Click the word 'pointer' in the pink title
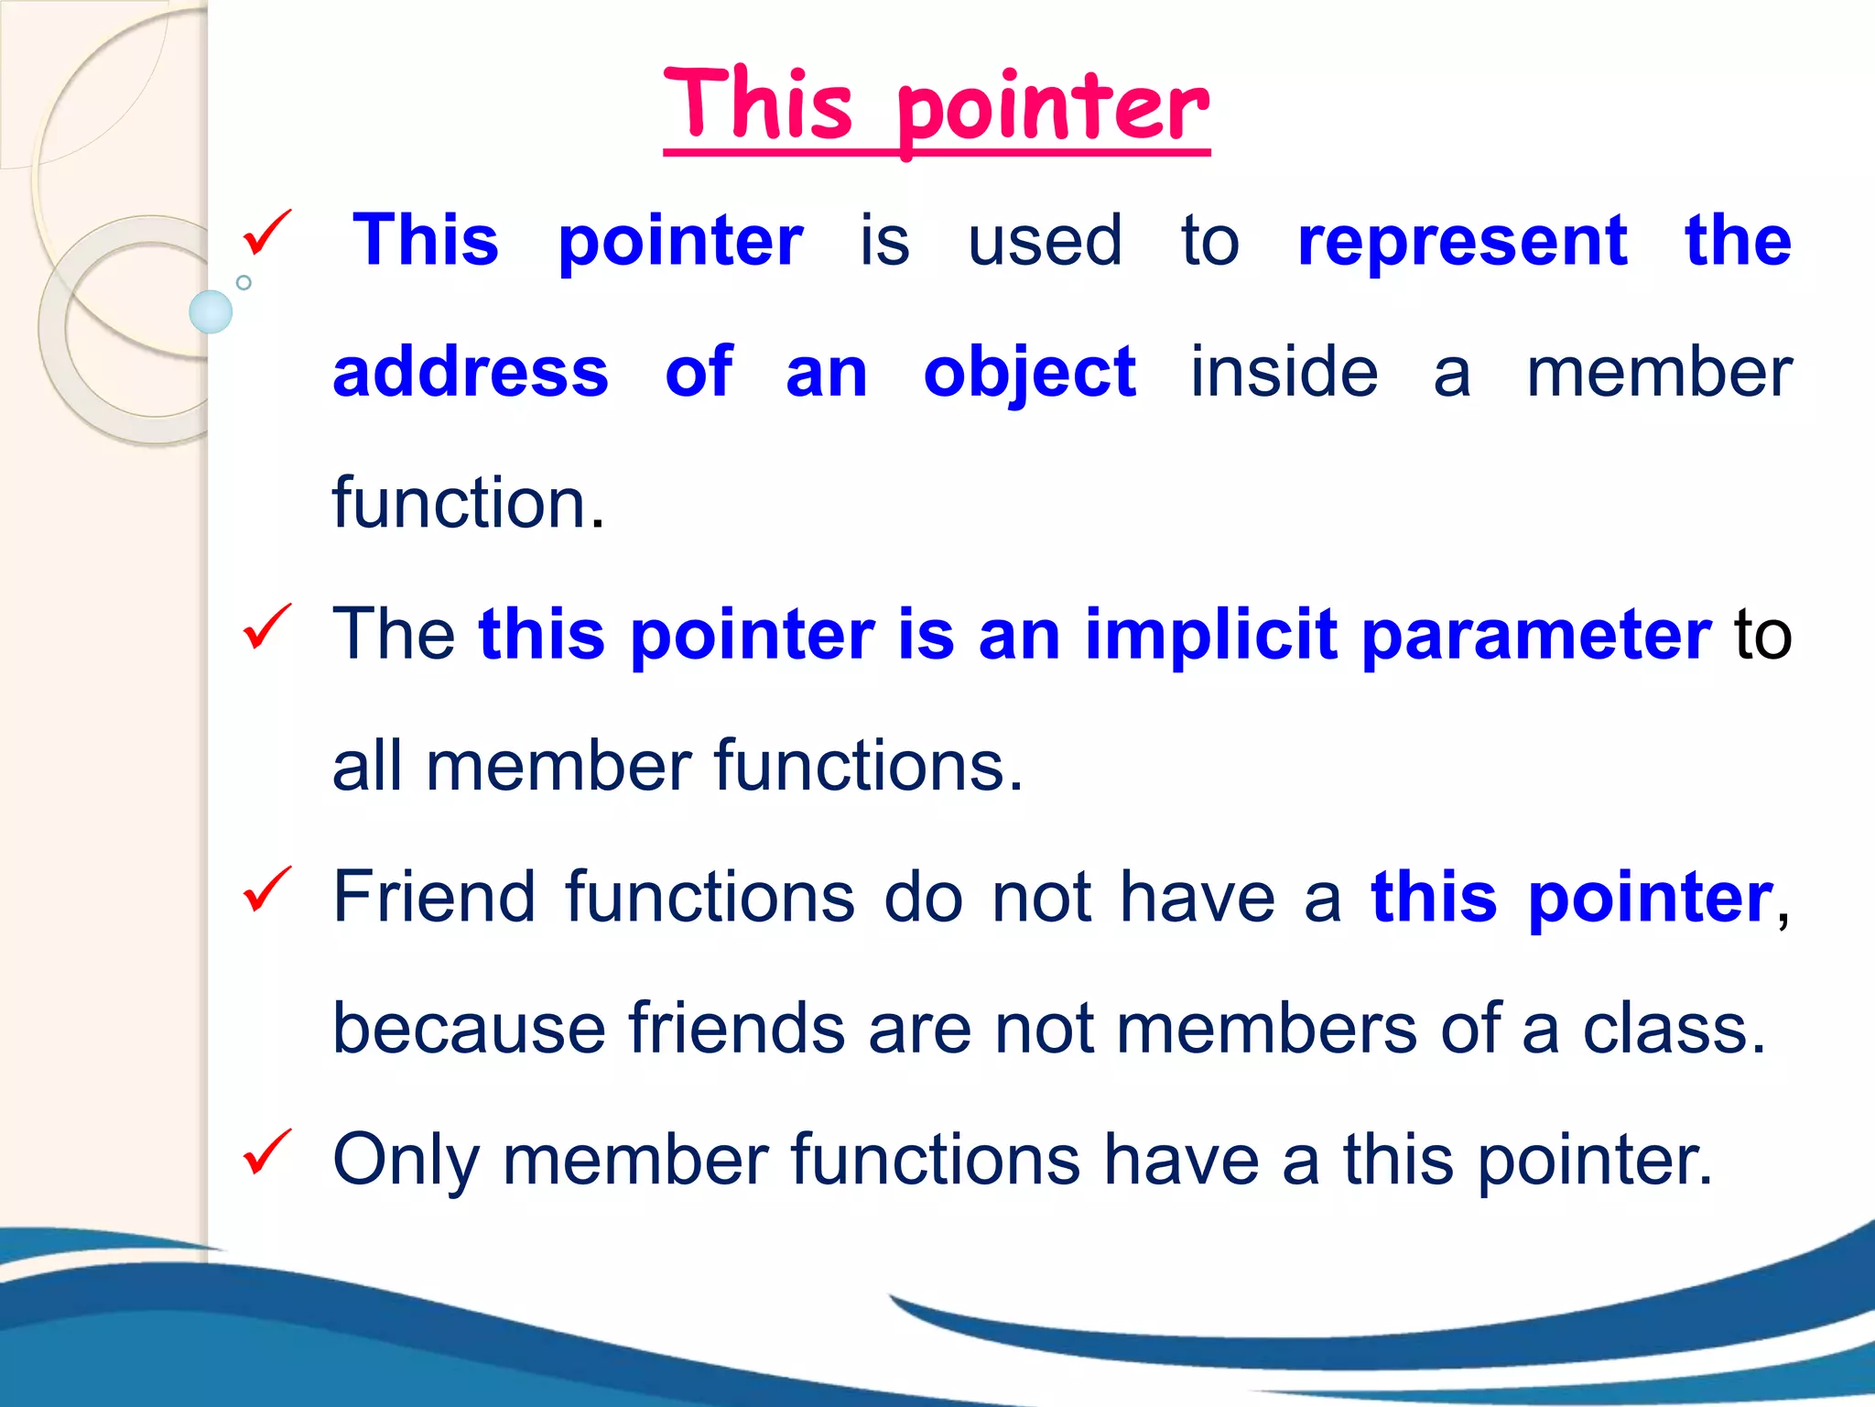(1053, 110)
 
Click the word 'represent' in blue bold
(1462, 242)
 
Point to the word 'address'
(471, 373)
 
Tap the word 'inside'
(1284, 373)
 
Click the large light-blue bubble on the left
(211, 311)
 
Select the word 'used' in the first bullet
(1045, 242)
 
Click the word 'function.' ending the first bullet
(468, 504)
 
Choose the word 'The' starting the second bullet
(394, 634)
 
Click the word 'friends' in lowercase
(736, 1028)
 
